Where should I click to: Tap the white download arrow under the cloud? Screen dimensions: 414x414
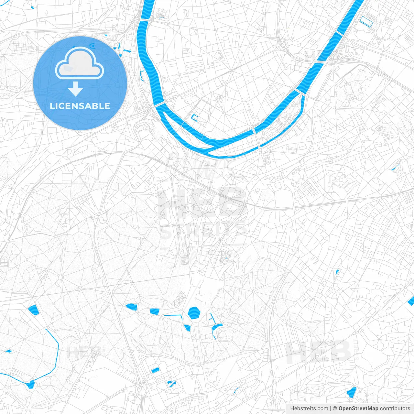[x=75, y=89]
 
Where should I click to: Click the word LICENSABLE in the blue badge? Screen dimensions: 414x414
[x=80, y=106]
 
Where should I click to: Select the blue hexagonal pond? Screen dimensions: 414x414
[x=194, y=313]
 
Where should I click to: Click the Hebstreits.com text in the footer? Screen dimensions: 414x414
[x=309, y=409]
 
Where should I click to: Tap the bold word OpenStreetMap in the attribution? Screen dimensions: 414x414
[x=358, y=409]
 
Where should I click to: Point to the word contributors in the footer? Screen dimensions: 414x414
[x=395, y=409]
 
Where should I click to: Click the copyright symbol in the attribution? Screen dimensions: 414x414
[x=335, y=409]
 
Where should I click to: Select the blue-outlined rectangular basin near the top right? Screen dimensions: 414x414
[x=367, y=21]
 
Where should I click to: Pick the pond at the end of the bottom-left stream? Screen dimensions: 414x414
[x=31, y=384]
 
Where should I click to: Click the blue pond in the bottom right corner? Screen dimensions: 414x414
[x=351, y=392]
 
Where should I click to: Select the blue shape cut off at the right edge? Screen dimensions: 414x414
[x=411, y=301]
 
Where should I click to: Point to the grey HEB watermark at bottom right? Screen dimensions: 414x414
[x=319, y=352]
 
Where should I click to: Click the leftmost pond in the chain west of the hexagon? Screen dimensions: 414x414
[x=132, y=306]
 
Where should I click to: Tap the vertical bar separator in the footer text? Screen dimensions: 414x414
[x=331, y=409]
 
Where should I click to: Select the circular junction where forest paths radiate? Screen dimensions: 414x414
[x=60, y=277]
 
